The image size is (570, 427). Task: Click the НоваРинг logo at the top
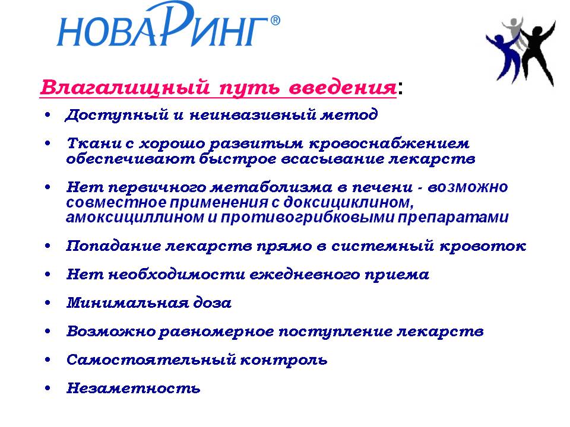pos(168,25)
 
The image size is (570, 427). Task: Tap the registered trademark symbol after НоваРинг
pos(275,20)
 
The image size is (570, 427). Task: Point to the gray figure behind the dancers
pos(514,33)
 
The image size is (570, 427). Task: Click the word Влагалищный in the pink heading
pos(125,88)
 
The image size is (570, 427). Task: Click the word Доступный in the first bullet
pos(117,115)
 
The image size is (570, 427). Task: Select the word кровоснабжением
pos(389,144)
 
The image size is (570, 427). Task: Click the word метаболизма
pos(271,187)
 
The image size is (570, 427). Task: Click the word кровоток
pos(483,246)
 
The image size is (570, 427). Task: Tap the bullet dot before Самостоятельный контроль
pos(47,360)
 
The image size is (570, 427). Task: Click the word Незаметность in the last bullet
pos(134,388)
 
